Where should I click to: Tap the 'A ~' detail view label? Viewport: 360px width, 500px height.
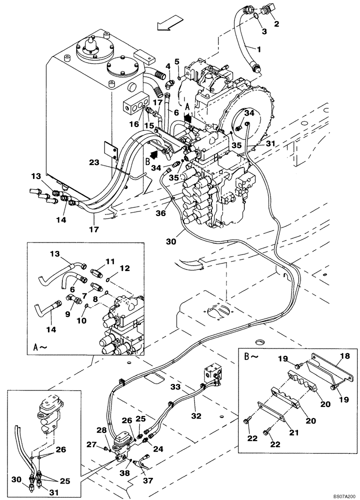coord(43,345)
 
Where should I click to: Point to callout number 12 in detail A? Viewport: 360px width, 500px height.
coord(124,268)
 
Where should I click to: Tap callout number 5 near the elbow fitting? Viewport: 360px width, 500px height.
coord(176,62)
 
